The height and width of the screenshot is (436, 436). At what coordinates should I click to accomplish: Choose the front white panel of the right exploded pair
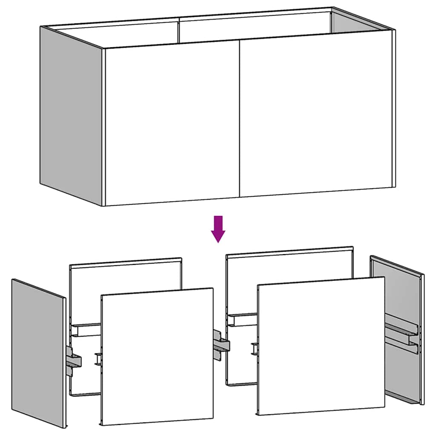[321, 345]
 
